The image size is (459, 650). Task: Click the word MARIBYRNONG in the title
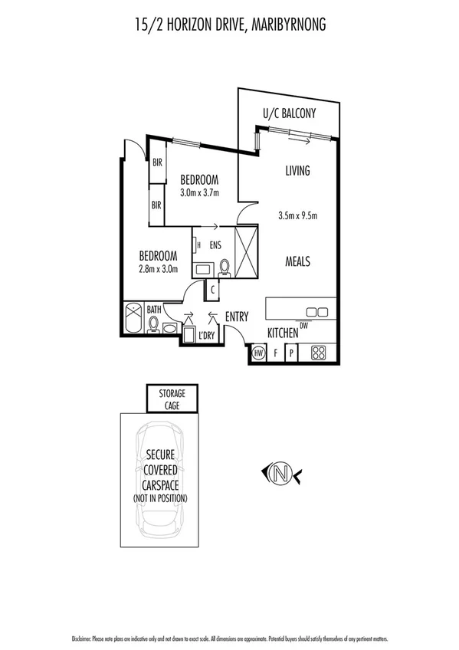tap(284, 26)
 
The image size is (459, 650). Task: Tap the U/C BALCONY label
tap(289, 113)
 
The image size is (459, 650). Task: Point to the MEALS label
tap(297, 261)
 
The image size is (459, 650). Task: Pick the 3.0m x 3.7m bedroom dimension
tap(199, 192)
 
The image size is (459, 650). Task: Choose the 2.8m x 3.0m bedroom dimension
tap(158, 269)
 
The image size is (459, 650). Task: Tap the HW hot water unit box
tap(258, 353)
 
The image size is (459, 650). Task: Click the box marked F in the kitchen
tap(275, 353)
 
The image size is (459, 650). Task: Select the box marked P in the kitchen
tap(291, 353)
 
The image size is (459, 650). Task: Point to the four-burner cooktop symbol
tap(318, 353)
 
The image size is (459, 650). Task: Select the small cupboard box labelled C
tap(211, 291)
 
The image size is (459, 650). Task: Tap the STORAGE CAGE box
tap(172, 399)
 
